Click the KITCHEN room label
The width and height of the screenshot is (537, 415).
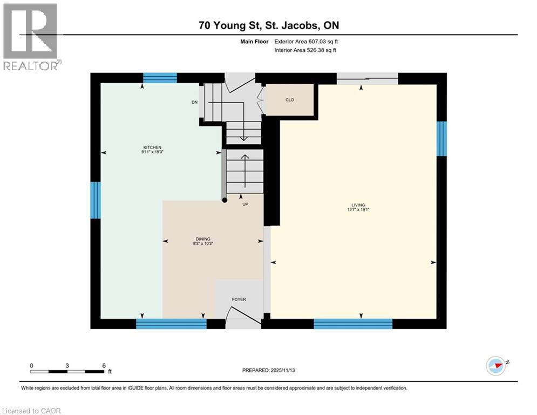click(x=152, y=148)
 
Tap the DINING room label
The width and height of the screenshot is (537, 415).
click(x=203, y=239)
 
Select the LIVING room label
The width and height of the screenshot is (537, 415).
click(x=358, y=205)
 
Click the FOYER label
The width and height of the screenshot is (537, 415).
click(x=239, y=299)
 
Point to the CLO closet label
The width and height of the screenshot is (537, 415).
click(x=290, y=100)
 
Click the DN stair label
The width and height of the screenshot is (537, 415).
click(x=194, y=102)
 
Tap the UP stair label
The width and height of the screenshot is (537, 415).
click(x=244, y=204)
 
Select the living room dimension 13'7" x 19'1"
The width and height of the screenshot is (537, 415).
click(x=358, y=210)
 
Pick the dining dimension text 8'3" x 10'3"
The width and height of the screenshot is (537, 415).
click(x=203, y=244)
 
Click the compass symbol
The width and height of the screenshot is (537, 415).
click(x=495, y=365)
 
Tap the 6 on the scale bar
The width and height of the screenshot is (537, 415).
click(x=104, y=365)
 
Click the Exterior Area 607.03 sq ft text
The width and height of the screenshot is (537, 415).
click(x=307, y=41)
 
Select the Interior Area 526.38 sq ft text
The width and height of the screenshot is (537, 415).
click(x=307, y=50)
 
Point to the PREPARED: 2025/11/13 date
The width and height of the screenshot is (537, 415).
click(x=268, y=370)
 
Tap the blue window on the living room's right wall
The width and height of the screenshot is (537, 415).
click(x=441, y=138)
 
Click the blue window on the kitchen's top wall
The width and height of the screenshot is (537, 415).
click(x=160, y=78)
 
